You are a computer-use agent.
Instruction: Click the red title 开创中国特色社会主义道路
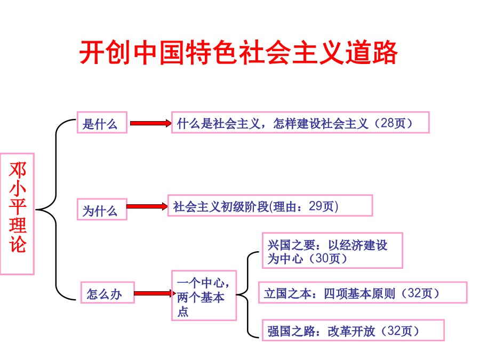pos(238,52)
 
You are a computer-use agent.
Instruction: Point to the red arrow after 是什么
pos(150,123)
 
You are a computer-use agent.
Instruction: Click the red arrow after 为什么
pos(147,206)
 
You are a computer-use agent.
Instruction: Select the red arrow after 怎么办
pos(155,293)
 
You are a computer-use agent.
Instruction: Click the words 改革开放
pos(351,331)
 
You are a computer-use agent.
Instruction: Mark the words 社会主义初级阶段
pos(221,206)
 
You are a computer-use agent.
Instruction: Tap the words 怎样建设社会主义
pos(321,123)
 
